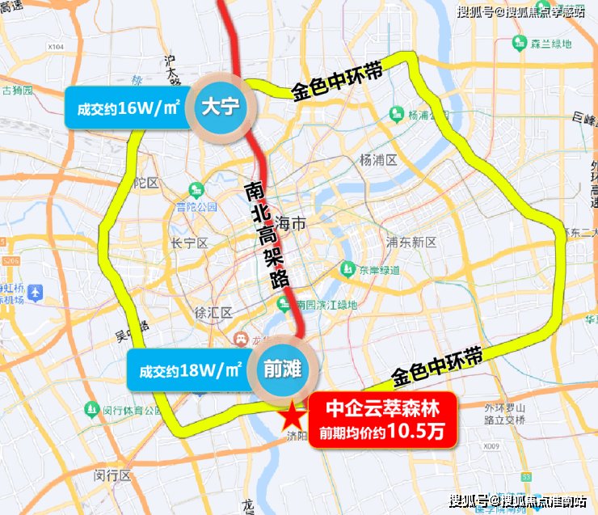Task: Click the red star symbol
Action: (x=289, y=417)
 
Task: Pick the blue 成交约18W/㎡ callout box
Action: (x=190, y=371)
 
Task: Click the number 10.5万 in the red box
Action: (x=415, y=433)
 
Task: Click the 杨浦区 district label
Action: (x=378, y=160)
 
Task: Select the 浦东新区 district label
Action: (x=411, y=242)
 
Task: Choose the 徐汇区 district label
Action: (x=213, y=312)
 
